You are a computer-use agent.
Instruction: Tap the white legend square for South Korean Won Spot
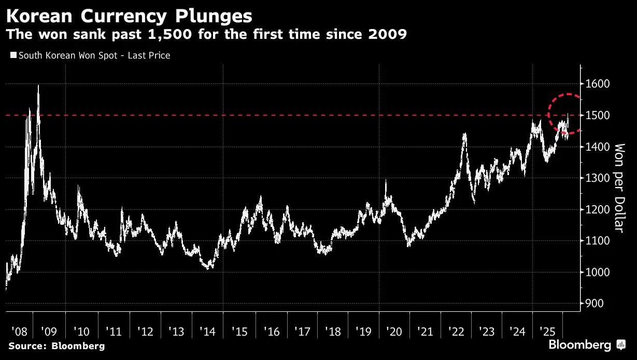pyautogui.click(x=13, y=55)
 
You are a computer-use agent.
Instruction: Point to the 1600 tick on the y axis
pyautogui.click(x=598, y=84)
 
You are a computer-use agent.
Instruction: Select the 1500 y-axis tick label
pyautogui.click(x=598, y=115)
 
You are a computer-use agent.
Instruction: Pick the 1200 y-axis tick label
pyautogui.click(x=598, y=209)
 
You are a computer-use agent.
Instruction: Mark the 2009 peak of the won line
pyautogui.click(x=39, y=86)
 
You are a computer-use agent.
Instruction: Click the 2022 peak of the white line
pyautogui.click(x=464, y=134)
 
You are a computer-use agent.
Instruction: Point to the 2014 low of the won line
pyautogui.click(x=208, y=268)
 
